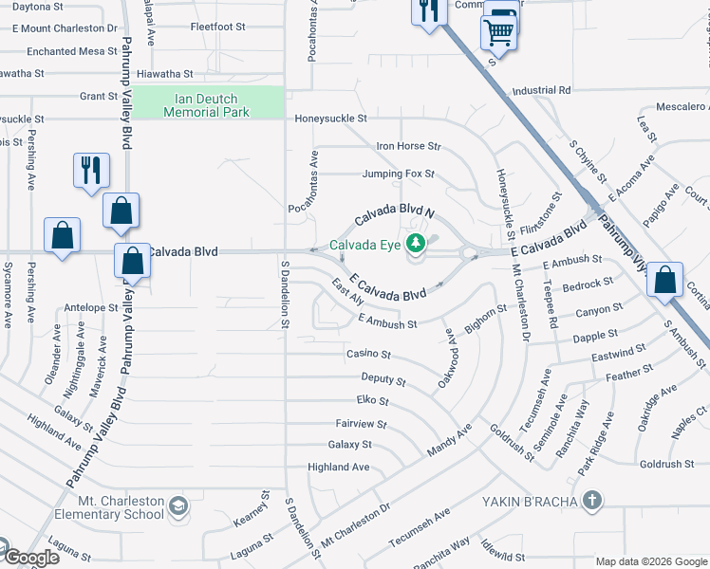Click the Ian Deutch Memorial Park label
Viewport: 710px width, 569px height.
tap(206, 105)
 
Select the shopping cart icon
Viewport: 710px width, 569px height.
tap(500, 32)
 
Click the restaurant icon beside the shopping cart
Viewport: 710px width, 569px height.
tap(429, 11)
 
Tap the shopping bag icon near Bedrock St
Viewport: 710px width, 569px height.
tap(665, 279)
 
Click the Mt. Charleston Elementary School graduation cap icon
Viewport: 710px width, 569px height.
tap(177, 508)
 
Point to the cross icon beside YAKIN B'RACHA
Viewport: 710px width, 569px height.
tap(591, 500)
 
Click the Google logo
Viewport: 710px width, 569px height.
tap(30, 558)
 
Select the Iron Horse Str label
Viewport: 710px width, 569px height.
tap(409, 146)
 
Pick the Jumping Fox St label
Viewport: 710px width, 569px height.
tap(398, 174)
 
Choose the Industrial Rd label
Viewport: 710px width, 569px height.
tap(540, 90)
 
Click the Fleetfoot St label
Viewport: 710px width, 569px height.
tap(217, 27)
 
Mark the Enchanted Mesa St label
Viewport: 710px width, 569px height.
tap(71, 50)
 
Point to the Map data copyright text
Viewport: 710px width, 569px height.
tap(650, 561)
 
